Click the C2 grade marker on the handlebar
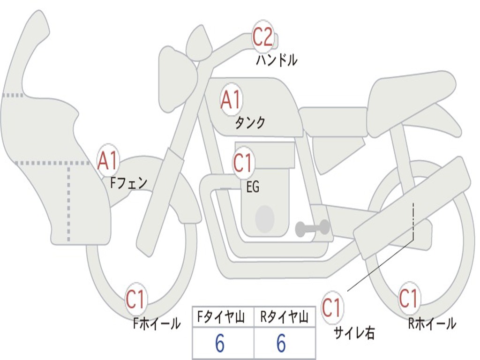pyautogui.click(x=263, y=37)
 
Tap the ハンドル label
pyautogui.click(x=277, y=60)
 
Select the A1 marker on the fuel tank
pyautogui.click(x=231, y=100)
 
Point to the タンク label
pyautogui.click(x=250, y=123)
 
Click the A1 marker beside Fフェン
pyautogui.click(x=108, y=161)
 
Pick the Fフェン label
pyautogui.click(x=128, y=182)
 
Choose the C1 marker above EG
pyautogui.click(x=243, y=163)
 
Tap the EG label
pyautogui.click(x=253, y=187)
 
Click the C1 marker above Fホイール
pyautogui.click(x=136, y=300)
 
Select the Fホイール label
pyautogui.click(x=157, y=323)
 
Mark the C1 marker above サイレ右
pyautogui.click(x=332, y=308)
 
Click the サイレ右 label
pyautogui.click(x=354, y=332)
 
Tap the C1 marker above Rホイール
pyautogui.click(x=409, y=298)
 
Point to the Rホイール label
pyautogui.click(x=432, y=323)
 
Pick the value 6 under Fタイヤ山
pyautogui.click(x=219, y=344)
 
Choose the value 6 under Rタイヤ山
pyautogui.click(x=281, y=344)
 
